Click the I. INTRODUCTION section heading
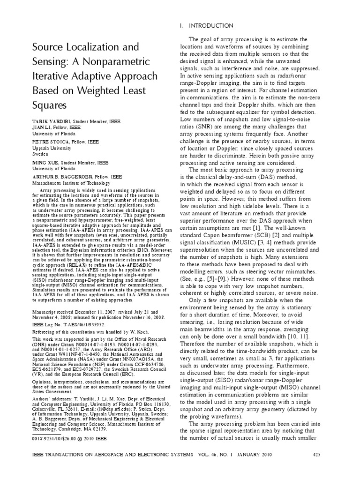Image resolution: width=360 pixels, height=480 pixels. [207, 25]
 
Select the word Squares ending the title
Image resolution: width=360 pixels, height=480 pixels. [48, 105]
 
